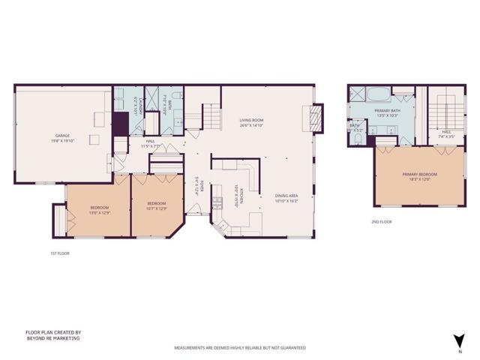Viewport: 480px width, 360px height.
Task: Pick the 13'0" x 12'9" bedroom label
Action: pos(100,209)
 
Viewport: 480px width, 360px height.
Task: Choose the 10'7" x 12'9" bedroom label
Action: pos(156,206)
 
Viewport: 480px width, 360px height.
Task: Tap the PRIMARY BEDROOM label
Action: pos(419,177)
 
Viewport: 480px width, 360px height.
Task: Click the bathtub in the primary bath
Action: pos(379,94)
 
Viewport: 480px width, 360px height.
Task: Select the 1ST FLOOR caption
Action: pos(49,253)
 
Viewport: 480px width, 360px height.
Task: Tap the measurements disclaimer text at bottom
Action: pos(240,348)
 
